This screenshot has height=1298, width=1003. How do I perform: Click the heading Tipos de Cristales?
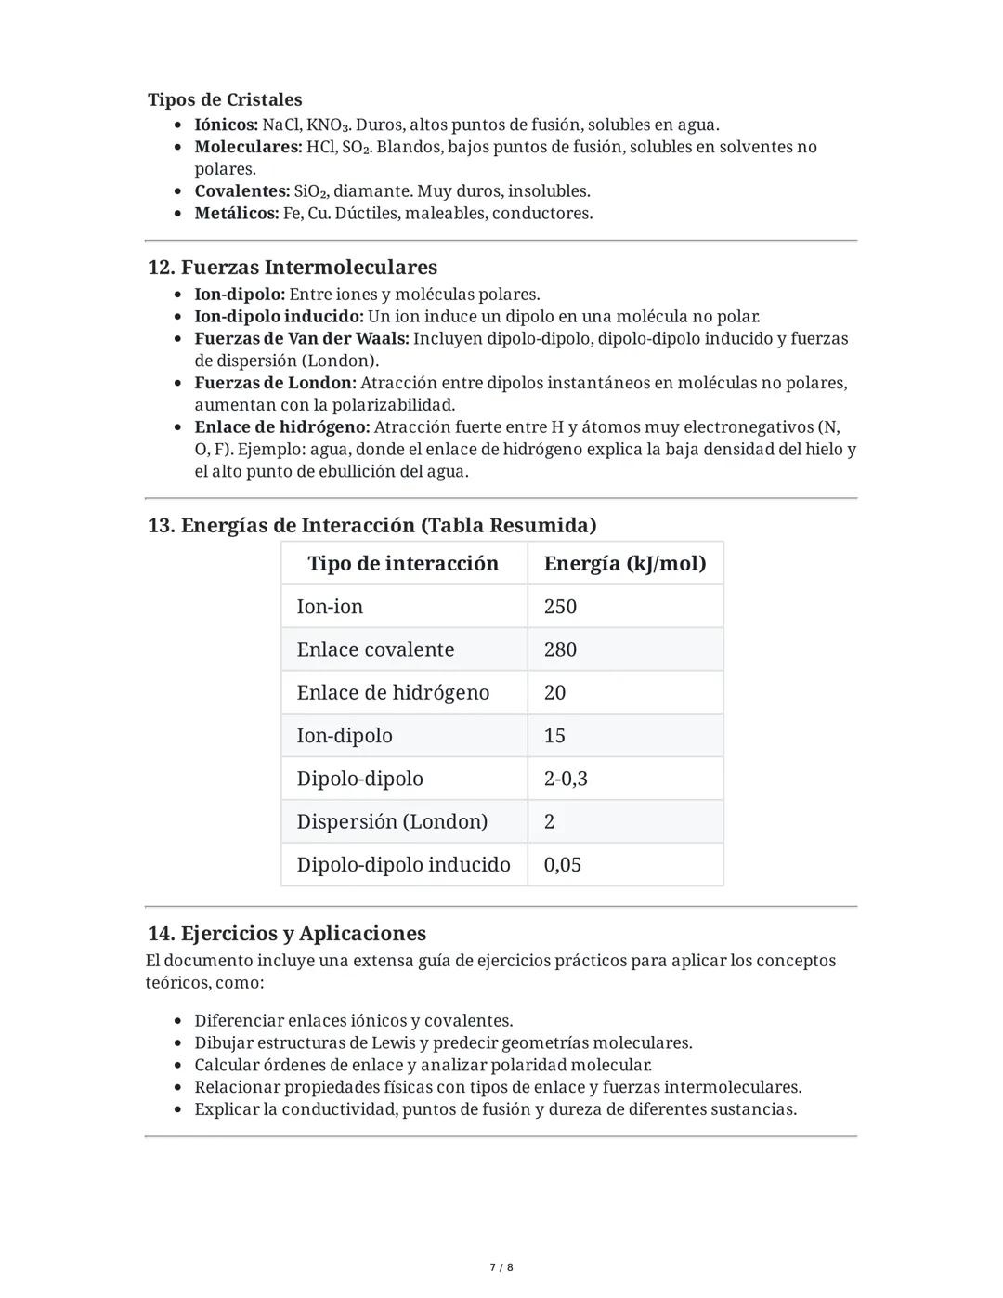pyautogui.click(x=225, y=99)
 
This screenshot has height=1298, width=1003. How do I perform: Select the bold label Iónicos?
pyautogui.click(x=226, y=125)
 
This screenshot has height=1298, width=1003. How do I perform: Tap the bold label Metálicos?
pyautogui.click(x=236, y=213)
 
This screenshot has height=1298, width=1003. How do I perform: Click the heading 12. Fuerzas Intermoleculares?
pyautogui.click(x=292, y=268)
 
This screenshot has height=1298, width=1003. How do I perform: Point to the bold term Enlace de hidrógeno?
pyautogui.click(x=281, y=427)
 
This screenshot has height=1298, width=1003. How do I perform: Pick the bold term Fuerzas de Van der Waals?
pyautogui.click(x=301, y=339)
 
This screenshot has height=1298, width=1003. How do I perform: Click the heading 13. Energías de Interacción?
pyautogui.click(x=371, y=526)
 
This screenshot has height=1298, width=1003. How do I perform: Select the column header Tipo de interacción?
pyautogui.click(x=403, y=564)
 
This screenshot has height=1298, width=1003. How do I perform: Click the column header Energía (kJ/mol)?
pyautogui.click(x=624, y=564)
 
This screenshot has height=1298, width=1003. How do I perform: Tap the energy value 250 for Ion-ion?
pyautogui.click(x=560, y=607)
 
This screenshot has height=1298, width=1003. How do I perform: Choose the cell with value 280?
pyautogui.click(x=560, y=649)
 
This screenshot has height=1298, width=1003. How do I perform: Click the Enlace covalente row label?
pyautogui.click(x=375, y=649)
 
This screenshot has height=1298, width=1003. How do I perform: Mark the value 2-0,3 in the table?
pyautogui.click(x=565, y=779)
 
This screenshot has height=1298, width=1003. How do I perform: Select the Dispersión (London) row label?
pyautogui.click(x=392, y=821)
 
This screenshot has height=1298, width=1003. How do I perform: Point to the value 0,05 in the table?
pyautogui.click(x=562, y=865)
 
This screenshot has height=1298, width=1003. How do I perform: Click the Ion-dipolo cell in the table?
pyautogui.click(x=345, y=736)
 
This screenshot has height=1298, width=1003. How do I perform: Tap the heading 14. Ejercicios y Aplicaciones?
pyautogui.click(x=286, y=934)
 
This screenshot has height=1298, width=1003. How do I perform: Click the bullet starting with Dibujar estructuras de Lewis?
pyautogui.click(x=443, y=1043)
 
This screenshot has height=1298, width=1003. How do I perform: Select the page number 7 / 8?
pyautogui.click(x=501, y=1267)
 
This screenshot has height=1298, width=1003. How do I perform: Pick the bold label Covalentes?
pyautogui.click(x=241, y=191)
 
